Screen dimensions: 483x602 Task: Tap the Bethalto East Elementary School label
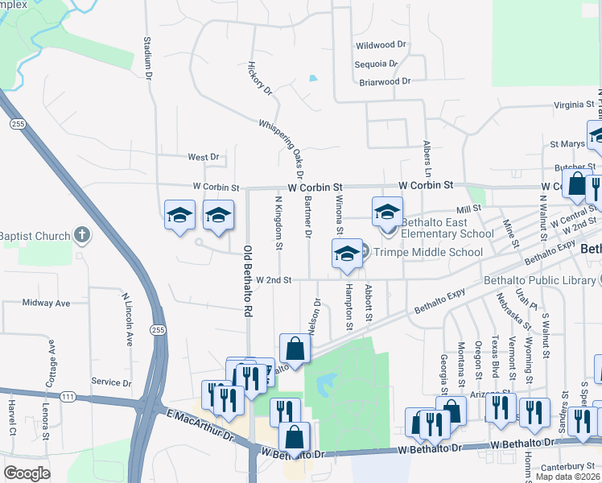[447, 228]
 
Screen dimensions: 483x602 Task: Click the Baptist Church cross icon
[80, 235]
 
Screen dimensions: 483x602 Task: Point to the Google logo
[27, 473]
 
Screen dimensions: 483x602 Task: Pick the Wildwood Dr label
[382, 46]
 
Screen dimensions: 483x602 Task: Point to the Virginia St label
[572, 105]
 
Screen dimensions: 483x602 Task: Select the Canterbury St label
[563, 466]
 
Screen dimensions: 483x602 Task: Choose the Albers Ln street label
[427, 159]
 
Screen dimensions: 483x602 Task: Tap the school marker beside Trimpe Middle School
[347, 253]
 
